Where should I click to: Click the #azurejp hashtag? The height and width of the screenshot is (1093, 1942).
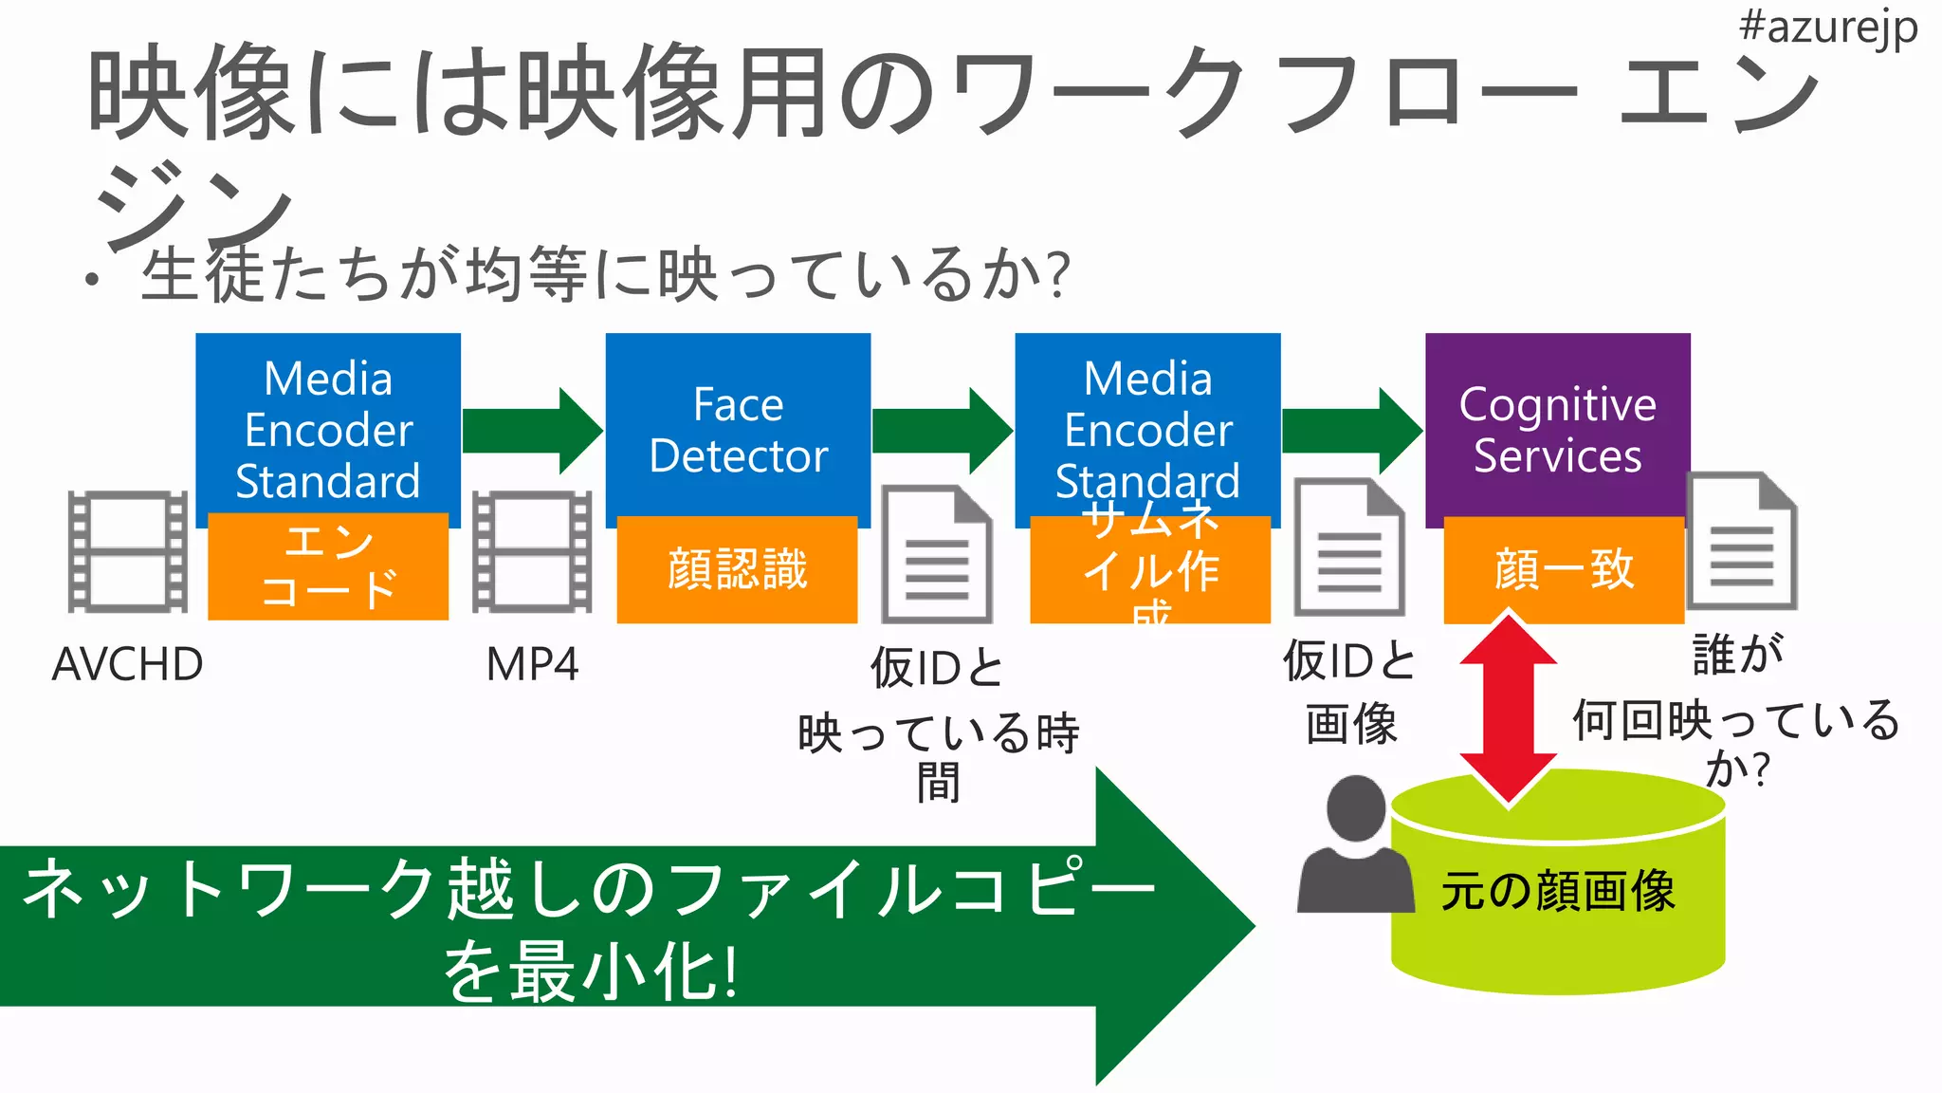[x=1827, y=27]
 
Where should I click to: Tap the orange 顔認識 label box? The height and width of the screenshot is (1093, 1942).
[x=737, y=569]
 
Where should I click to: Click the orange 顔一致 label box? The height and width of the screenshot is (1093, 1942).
[x=1563, y=569]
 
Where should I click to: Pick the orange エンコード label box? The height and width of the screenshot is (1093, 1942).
[x=327, y=566]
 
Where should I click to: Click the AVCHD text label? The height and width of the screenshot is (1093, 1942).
[x=127, y=664]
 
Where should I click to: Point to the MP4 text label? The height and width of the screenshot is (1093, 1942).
[x=531, y=664]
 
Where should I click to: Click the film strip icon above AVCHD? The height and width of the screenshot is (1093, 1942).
[x=127, y=551]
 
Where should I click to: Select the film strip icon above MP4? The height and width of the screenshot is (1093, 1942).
[x=532, y=551]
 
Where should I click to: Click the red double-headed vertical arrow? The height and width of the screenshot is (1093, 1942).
[x=1508, y=710]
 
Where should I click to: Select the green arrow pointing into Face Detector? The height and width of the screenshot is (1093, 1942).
[x=532, y=431]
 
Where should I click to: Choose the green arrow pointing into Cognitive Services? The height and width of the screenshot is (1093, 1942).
[x=1351, y=431]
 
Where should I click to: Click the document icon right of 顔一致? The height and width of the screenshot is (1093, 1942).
[x=1742, y=541]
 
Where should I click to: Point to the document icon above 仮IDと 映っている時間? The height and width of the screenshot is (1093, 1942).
[x=937, y=555]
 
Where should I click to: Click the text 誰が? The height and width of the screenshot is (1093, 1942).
[x=1737, y=655]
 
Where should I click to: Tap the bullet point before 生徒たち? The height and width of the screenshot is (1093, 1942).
[x=92, y=280]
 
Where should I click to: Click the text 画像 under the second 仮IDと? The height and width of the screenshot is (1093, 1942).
[x=1350, y=725]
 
